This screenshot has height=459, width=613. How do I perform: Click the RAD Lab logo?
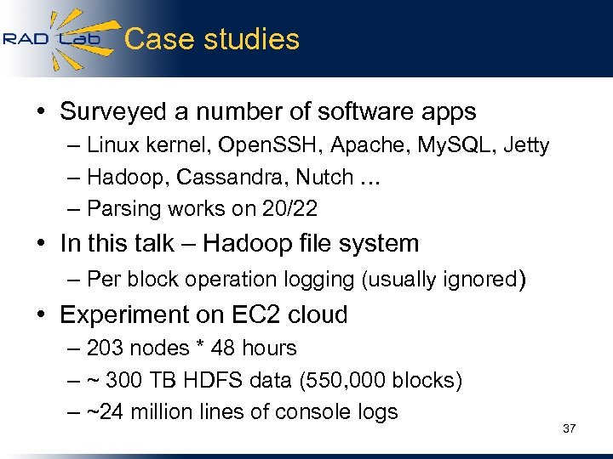53,38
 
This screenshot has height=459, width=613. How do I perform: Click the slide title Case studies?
212,39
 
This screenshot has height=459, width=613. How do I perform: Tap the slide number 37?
569,428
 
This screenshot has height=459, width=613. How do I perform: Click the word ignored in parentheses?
479,280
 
